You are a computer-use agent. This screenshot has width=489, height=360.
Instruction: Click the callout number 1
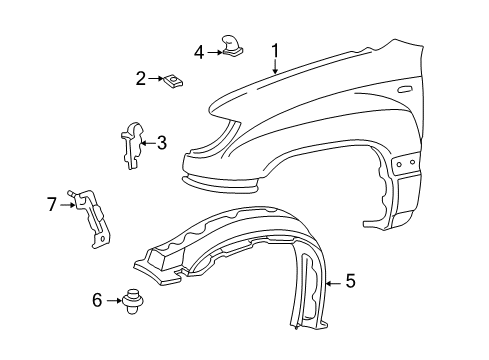(x=274, y=50)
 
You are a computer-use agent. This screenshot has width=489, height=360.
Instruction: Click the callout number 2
(x=141, y=77)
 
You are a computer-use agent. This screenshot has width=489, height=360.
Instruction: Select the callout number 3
(x=161, y=143)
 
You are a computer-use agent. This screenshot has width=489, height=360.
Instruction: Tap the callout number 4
(x=199, y=51)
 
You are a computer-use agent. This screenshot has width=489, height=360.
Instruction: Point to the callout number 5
(x=350, y=283)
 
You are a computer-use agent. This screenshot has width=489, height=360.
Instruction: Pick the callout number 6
(x=98, y=299)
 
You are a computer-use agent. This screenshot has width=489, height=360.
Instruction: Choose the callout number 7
(x=52, y=204)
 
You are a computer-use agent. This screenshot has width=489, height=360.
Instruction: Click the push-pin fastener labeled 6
(x=130, y=300)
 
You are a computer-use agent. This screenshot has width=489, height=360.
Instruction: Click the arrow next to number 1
(x=273, y=66)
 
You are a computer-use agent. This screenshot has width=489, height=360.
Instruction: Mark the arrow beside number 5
(x=332, y=283)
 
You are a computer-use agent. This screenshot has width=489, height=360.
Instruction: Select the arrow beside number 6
(x=112, y=299)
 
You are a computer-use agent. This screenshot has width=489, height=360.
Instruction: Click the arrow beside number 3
(x=148, y=143)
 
